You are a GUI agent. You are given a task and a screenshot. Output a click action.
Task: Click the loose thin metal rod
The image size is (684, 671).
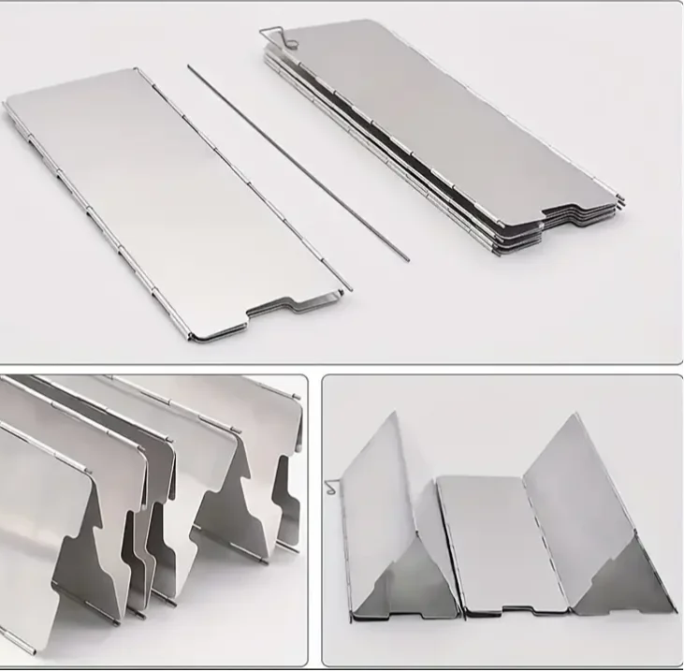point(299,165)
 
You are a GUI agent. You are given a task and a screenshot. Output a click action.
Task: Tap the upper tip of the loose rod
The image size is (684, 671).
point(189,66)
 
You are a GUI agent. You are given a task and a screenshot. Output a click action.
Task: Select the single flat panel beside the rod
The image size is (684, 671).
point(168,197)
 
